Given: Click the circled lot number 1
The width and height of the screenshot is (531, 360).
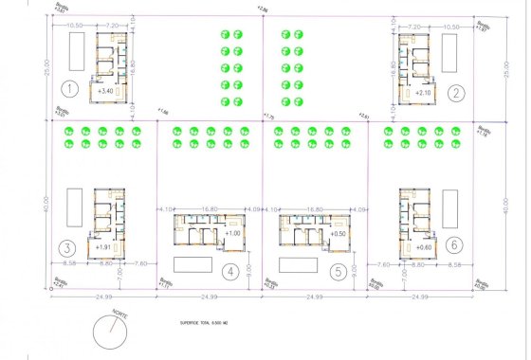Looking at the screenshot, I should [67, 91].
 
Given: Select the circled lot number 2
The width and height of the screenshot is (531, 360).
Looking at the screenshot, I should [458, 93].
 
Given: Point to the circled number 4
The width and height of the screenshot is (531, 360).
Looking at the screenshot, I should [229, 272].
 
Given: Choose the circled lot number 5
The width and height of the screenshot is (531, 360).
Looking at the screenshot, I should [337, 272].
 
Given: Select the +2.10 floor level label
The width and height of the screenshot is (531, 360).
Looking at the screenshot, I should [424, 93].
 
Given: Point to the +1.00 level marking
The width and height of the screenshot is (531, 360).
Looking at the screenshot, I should [234, 233].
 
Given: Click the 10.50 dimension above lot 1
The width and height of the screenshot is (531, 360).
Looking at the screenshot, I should [73, 27].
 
